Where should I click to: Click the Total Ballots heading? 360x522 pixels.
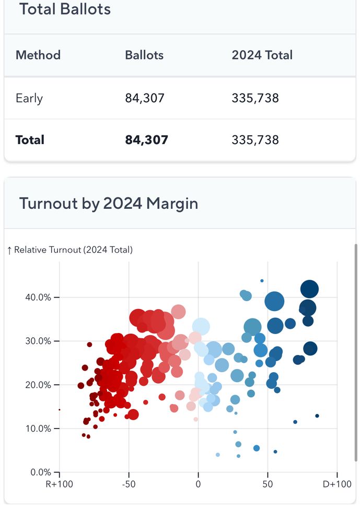pyautogui.click(x=65, y=9)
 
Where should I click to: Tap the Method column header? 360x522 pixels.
pyautogui.click(x=38, y=55)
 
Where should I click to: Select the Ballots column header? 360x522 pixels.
pyautogui.click(x=144, y=55)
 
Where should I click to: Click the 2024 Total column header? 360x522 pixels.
pyautogui.click(x=262, y=55)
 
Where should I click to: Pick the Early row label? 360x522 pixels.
pyautogui.click(x=29, y=98)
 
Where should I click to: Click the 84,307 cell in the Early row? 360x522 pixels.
pyautogui.click(x=145, y=98)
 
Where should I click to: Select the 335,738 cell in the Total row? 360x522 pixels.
pyautogui.click(x=255, y=140)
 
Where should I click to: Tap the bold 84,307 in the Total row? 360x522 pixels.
pyautogui.click(x=146, y=140)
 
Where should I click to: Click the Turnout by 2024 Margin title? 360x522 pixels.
pyautogui.click(x=109, y=203)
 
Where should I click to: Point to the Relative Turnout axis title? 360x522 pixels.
pyautogui.click(x=70, y=250)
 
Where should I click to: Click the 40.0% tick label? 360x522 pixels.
pyautogui.click(x=38, y=297)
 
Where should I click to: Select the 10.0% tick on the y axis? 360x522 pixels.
pyautogui.click(x=38, y=429)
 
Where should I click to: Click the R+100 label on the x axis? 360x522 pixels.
pyautogui.click(x=59, y=484)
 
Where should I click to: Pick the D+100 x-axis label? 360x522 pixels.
pyautogui.click(x=337, y=484)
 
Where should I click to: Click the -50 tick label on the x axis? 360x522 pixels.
pyautogui.click(x=129, y=484)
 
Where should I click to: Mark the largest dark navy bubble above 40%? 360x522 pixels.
pyautogui.click(x=310, y=289)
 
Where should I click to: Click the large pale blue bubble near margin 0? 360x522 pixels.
pyautogui.click(x=201, y=327)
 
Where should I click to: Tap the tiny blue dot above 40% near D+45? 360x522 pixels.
pyautogui.click(x=262, y=281)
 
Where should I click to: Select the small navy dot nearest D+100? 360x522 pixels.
pyautogui.click(x=317, y=416)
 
